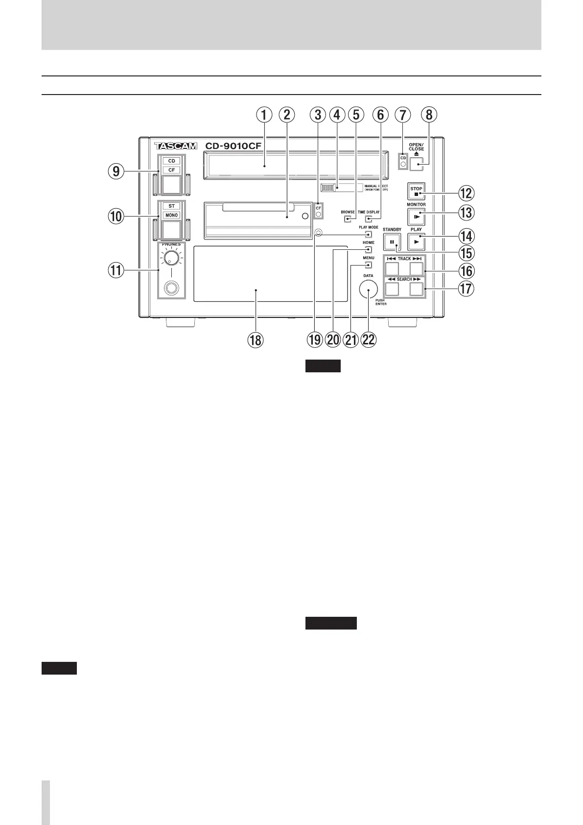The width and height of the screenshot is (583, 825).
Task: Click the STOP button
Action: point(416,191)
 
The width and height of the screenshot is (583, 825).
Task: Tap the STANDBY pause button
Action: point(392,242)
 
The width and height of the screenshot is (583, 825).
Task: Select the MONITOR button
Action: point(416,216)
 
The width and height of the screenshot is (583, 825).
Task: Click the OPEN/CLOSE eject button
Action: point(416,164)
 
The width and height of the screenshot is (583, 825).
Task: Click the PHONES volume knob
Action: point(171,259)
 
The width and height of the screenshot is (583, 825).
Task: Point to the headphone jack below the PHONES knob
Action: point(171,288)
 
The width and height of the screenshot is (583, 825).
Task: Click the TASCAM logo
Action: point(175,146)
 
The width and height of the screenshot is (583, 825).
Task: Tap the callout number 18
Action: point(255,340)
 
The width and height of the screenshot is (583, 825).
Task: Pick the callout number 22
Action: point(368,340)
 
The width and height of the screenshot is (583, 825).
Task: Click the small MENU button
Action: point(368,265)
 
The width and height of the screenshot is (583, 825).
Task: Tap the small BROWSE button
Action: point(347,218)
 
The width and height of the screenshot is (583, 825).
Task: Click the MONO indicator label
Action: point(171,215)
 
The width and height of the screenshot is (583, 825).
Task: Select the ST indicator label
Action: point(171,206)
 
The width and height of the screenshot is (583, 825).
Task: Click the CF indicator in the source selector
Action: point(171,170)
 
